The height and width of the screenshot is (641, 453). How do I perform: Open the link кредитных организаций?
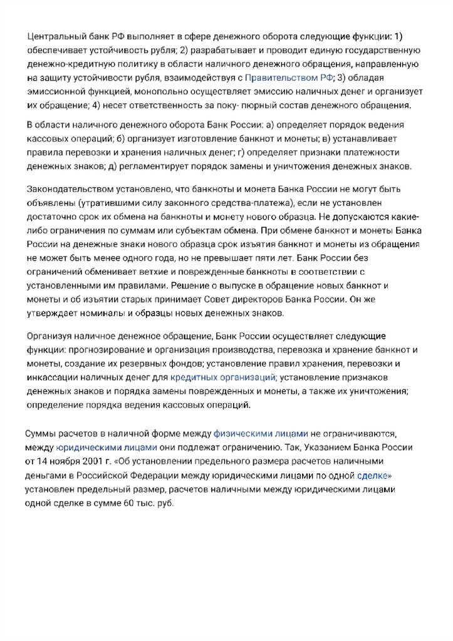click(222, 377)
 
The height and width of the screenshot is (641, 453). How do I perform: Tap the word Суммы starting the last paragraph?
click(42, 433)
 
